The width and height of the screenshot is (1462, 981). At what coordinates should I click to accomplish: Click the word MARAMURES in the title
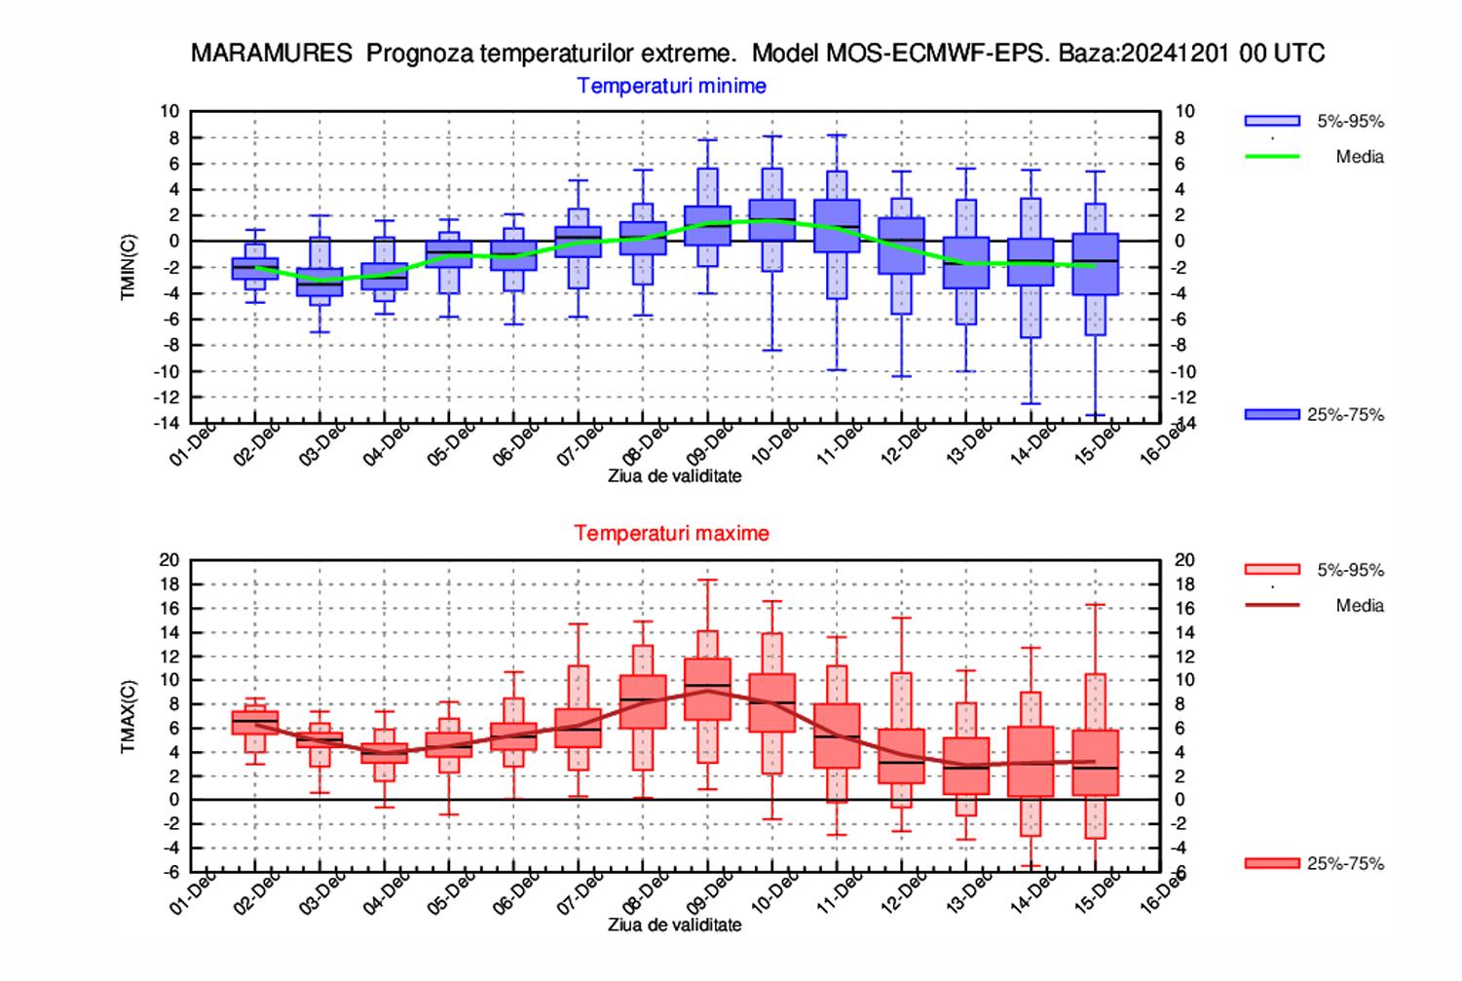pos(271,54)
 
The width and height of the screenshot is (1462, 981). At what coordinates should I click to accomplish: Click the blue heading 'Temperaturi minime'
pos(671,86)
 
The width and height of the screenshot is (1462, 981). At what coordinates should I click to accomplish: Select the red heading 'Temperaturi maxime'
pos(671,533)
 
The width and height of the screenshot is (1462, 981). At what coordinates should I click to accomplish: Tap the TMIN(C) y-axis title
pos(129,267)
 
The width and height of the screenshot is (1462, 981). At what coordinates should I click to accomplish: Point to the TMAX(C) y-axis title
pos(129,716)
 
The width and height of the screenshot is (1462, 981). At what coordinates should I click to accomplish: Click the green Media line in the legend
pos(1272,156)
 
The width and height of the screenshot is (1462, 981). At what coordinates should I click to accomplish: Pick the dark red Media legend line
pos(1272,605)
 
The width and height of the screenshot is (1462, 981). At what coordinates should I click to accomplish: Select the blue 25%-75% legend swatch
pos(1272,415)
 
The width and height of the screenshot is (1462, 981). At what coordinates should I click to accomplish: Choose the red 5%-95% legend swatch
pos(1272,570)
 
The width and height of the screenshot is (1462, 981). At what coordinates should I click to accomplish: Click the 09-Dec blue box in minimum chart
pos(708,225)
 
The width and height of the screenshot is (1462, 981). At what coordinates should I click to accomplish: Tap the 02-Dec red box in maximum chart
pos(255,722)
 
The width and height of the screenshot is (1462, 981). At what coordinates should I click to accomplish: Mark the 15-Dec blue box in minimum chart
pos(1095,264)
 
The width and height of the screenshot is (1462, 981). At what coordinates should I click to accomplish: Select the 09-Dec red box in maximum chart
pos(708,689)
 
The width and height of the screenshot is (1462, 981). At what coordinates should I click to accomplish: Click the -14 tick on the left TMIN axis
pos(169,423)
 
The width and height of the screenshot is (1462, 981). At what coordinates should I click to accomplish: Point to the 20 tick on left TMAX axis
pos(170,560)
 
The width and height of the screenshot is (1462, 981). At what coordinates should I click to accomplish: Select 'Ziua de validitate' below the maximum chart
pos(674,924)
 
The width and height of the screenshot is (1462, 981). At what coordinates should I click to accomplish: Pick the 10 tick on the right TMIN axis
pos(1184,112)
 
